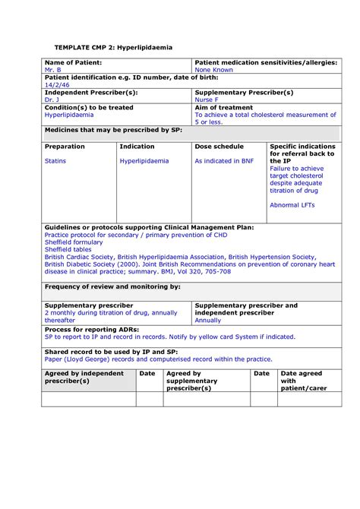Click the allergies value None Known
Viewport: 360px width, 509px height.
[x=214, y=70]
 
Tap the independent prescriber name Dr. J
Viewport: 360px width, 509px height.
[x=52, y=100]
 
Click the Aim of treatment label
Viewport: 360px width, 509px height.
[x=226, y=107]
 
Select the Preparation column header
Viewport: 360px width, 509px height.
[x=65, y=146]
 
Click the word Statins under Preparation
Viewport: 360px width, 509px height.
[x=56, y=161]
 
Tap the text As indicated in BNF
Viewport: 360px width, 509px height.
[x=224, y=161]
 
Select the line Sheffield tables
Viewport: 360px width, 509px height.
[x=67, y=248]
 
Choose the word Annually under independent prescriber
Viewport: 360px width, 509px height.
[x=208, y=320]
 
